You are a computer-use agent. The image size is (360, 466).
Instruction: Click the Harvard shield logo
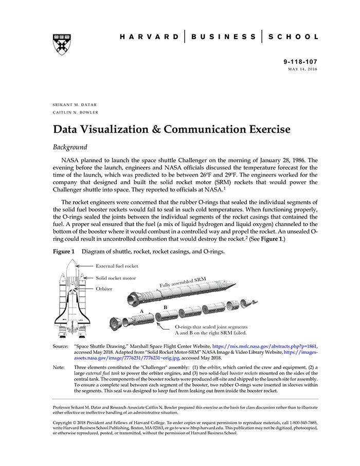click(61, 44)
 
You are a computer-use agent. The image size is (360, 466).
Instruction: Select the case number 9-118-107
click(300, 62)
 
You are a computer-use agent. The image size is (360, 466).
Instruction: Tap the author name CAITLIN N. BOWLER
click(76, 112)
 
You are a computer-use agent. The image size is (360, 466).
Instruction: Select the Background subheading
click(70, 147)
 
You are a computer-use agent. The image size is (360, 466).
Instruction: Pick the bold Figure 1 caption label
click(64, 252)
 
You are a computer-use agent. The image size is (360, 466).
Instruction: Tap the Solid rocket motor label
click(116, 278)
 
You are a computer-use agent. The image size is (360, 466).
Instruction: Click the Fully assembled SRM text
click(182, 282)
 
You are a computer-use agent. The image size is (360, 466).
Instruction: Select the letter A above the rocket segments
click(141, 312)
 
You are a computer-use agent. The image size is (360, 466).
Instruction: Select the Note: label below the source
click(59, 367)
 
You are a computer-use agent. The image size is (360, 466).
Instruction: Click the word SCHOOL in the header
click(294, 37)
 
